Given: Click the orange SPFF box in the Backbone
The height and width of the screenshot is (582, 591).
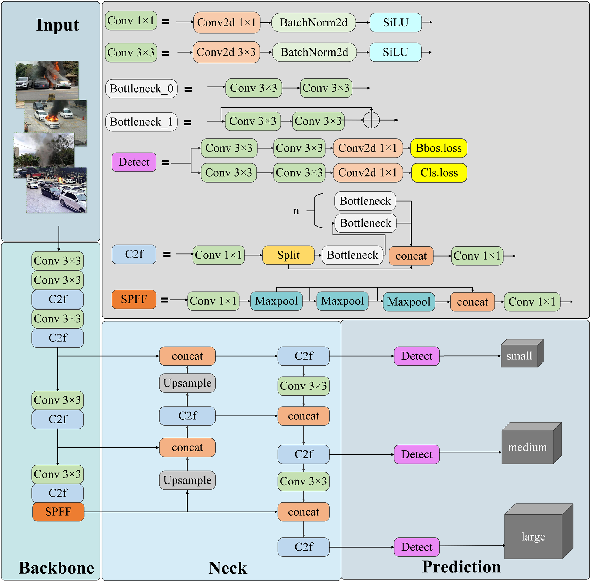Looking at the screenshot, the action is (58, 512).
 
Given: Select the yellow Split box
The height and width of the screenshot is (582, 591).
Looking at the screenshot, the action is (288, 255).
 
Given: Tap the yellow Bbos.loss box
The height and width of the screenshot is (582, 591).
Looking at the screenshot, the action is (438, 148).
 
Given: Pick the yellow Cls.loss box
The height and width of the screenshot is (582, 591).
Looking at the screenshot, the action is (439, 173).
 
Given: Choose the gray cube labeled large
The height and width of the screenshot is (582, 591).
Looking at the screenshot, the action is (538, 531).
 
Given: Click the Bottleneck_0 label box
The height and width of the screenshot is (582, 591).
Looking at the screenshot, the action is (142, 89).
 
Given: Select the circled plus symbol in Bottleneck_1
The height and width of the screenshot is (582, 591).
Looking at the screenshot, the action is (371, 120).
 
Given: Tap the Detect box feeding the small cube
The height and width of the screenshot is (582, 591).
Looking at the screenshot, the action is (417, 356).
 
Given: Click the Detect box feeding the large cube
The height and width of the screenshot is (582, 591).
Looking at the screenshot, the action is (417, 547).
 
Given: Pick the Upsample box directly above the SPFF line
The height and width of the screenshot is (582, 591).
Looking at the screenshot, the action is (187, 480).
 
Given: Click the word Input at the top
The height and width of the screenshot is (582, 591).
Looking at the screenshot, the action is (57, 25).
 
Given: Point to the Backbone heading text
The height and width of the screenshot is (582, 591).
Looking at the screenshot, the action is (57, 568).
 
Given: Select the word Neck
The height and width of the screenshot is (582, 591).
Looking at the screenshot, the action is (228, 568).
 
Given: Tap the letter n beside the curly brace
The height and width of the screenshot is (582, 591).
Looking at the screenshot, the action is (296, 211).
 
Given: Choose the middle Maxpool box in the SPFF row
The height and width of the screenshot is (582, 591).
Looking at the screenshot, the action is (342, 301).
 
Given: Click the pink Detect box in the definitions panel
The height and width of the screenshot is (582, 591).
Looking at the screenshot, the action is (134, 162).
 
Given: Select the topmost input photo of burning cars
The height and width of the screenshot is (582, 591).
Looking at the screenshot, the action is (47, 80).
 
